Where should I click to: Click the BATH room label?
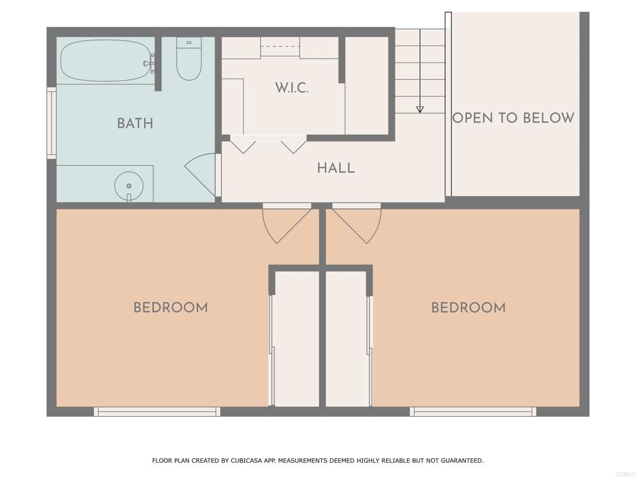(x=135, y=124)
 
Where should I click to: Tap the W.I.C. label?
(x=292, y=88)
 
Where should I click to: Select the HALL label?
(x=336, y=168)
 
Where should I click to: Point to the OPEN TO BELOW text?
(x=514, y=117)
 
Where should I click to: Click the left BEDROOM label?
(x=171, y=307)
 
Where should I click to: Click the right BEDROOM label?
(x=468, y=307)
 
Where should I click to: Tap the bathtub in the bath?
(x=106, y=61)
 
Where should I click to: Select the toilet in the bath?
(x=189, y=59)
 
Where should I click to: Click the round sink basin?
(x=129, y=186)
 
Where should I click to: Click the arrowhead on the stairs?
(x=420, y=109)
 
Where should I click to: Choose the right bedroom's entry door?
(x=357, y=223)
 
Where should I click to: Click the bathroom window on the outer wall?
(x=52, y=123)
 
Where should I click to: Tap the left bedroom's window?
(x=157, y=412)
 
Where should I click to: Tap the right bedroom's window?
(x=473, y=412)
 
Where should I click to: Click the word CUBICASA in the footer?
(x=246, y=461)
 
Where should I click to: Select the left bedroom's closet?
(x=296, y=339)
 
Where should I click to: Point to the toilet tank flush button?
(x=189, y=42)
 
